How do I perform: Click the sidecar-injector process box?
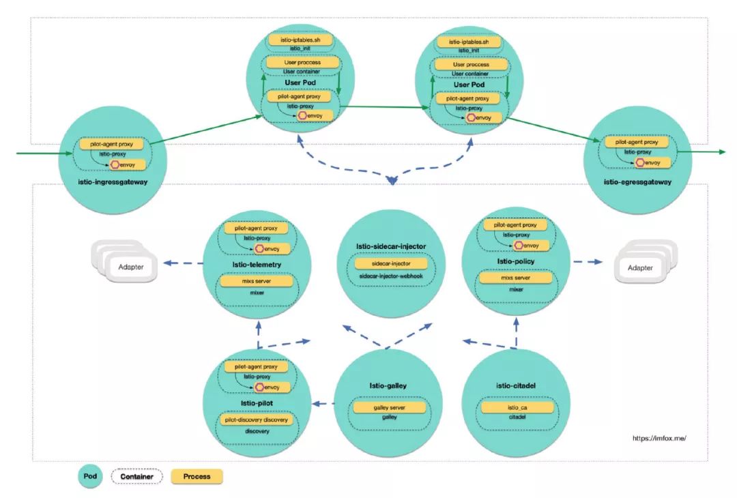(x=390, y=263)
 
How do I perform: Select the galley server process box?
(x=389, y=407)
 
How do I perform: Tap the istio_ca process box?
(x=517, y=407)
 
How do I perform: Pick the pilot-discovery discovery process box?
(x=256, y=420)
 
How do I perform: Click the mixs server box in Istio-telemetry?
(x=257, y=281)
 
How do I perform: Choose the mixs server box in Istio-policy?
(x=516, y=278)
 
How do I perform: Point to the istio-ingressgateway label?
(x=113, y=182)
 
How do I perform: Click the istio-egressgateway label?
(x=637, y=182)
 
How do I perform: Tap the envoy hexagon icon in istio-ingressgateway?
(x=115, y=165)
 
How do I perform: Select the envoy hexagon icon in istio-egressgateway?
(x=639, y=162)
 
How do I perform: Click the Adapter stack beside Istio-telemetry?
(x=125, y=261)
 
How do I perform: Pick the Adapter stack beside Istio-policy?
(x=646, y=262)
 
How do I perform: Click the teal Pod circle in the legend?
(x=90, y=476)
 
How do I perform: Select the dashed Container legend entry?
(x=136, y=476)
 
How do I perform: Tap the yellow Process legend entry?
(x=197, y=476)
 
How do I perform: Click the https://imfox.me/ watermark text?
(x=659, y=439)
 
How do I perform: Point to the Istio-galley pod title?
(x=388, y=385)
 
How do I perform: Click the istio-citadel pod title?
(x=516, y=385)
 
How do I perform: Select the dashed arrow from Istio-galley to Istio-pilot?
(x=323, y=404)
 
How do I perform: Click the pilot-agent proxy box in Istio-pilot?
(x=256, y=366)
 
